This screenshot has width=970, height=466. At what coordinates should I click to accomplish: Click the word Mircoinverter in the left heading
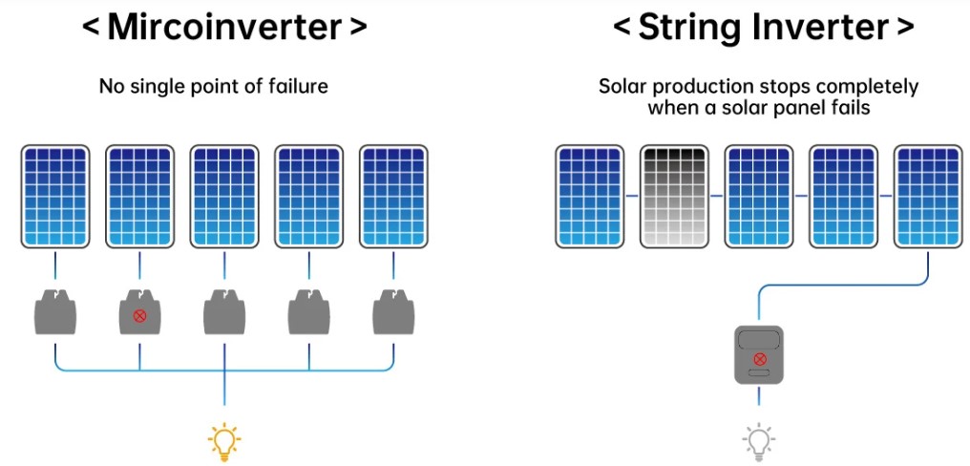point(223,27)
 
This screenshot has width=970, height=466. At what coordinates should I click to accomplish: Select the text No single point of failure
point(213,86)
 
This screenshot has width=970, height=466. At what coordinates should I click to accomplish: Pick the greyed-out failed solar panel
point(674,197)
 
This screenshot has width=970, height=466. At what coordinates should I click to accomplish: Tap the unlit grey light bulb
point(758,441)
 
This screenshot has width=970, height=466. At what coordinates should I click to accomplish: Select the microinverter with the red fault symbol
point(139,313)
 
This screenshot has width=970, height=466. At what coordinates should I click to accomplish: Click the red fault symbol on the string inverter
point(760,358)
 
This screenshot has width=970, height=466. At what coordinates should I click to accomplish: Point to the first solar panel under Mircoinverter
point(55,197)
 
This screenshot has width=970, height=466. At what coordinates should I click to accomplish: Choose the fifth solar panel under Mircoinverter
point(393,197)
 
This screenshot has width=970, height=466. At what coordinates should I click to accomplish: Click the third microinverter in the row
point(224,312)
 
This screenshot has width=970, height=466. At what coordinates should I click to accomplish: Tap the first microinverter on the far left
point(55,312)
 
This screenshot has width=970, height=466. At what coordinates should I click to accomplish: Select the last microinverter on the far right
point(393,312)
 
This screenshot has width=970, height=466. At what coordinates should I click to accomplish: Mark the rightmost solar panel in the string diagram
point(928,197)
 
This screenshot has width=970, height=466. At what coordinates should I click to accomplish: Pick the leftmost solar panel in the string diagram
point(590,197)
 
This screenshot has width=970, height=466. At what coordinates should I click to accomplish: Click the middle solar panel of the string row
point(759,197)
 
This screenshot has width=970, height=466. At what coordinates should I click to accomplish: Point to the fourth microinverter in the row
point(308,312)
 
